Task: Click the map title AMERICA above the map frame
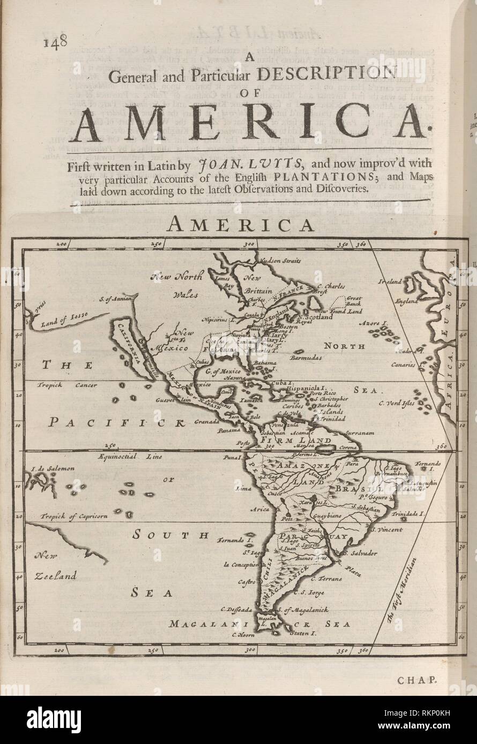coord(241,225)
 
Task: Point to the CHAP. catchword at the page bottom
coord(418,680)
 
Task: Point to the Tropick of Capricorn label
coord(73,516)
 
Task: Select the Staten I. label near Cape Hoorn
coord(303,633)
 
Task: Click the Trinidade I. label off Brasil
coord(408,513)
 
